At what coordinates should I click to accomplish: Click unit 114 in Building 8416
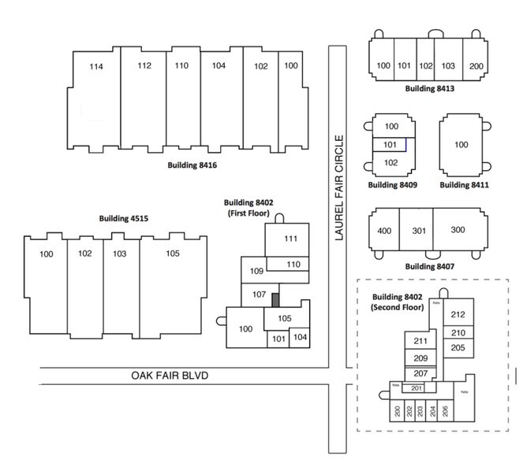(96, 67)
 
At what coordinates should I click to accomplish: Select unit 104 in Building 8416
(219, 66)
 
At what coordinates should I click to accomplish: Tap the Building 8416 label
(192, 165)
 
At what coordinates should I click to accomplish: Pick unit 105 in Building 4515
(173, 254)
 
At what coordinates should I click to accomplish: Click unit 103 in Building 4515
(120, 254)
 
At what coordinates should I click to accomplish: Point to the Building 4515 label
(124, 218)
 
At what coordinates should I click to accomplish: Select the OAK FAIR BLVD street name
(170, 376)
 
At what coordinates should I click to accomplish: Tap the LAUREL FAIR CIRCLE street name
(340, 188)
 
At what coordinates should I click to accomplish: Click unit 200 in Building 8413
(476, 66)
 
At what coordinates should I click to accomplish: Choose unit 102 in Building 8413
(425, 66)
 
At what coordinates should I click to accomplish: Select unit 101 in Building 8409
(390, 145)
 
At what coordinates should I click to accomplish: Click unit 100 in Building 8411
(461, 145)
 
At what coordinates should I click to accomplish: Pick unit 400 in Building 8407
(384, 231)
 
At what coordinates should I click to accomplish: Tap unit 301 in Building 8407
(418, 231)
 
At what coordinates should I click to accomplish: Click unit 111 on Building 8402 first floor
(290, 239)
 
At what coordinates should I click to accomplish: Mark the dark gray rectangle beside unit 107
(275, 300)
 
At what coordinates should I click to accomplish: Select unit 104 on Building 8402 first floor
(299, 337)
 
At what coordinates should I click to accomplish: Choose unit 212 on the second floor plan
(458, 315)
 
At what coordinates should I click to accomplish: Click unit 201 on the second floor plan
(418, 387)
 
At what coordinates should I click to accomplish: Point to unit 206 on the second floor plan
(445, 410)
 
